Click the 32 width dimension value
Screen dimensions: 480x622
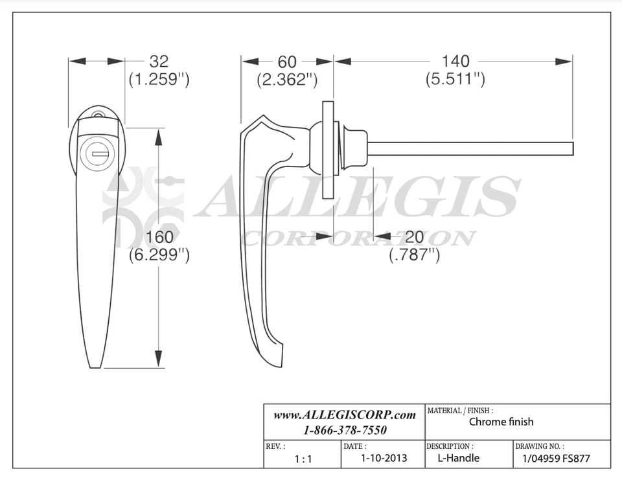click(x=159, y=62)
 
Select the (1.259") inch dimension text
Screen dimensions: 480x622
click(x=159, y=80)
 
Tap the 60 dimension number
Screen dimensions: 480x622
click(x=287, y=62)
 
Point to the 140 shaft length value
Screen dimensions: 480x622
click(x=455, y=62)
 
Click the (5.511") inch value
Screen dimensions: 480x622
click(x=455, y=80)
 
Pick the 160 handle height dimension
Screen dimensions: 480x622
click(x=159, y=237)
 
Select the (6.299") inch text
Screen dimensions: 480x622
click(x=159, y=255)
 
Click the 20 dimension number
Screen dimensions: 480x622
click(x=415, y=237)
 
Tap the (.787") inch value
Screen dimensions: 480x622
click(x=415, y=255)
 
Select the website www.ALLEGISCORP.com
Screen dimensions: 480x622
click(x=344, y=415)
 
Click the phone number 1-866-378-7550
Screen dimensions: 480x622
click(x=344, y=430)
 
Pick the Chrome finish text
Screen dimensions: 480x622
click(x=501, y=422)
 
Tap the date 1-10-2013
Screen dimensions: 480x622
click(x=384, y=458)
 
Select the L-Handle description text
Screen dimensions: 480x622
click(x=458, y=458)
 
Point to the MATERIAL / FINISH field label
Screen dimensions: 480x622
click(x=459, y=411)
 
